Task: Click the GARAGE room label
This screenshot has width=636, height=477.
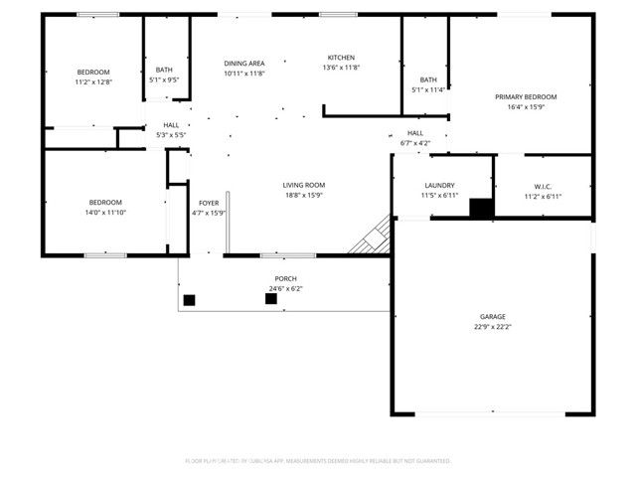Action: click(493, 316)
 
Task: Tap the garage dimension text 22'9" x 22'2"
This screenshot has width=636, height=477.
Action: click(493, 326)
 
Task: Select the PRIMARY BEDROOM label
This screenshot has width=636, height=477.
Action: click(526, 96)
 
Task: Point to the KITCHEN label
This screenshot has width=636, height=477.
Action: click(341, 58)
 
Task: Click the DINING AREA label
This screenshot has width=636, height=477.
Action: click(243, 63)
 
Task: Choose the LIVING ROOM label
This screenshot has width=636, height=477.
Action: click(304, 185)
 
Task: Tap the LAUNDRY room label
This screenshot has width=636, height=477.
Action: click(439, 185)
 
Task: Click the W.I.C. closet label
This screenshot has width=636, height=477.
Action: click(543, 185)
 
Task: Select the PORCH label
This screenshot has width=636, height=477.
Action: click(285, 278)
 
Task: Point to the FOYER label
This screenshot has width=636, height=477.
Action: click(209, 203)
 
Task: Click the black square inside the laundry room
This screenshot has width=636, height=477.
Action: click(481, 209)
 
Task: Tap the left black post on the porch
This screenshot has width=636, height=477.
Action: click(189, 299)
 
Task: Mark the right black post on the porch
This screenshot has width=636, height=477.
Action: click(270, 298)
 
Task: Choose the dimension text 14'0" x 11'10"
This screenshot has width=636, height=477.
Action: click(105, 212)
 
